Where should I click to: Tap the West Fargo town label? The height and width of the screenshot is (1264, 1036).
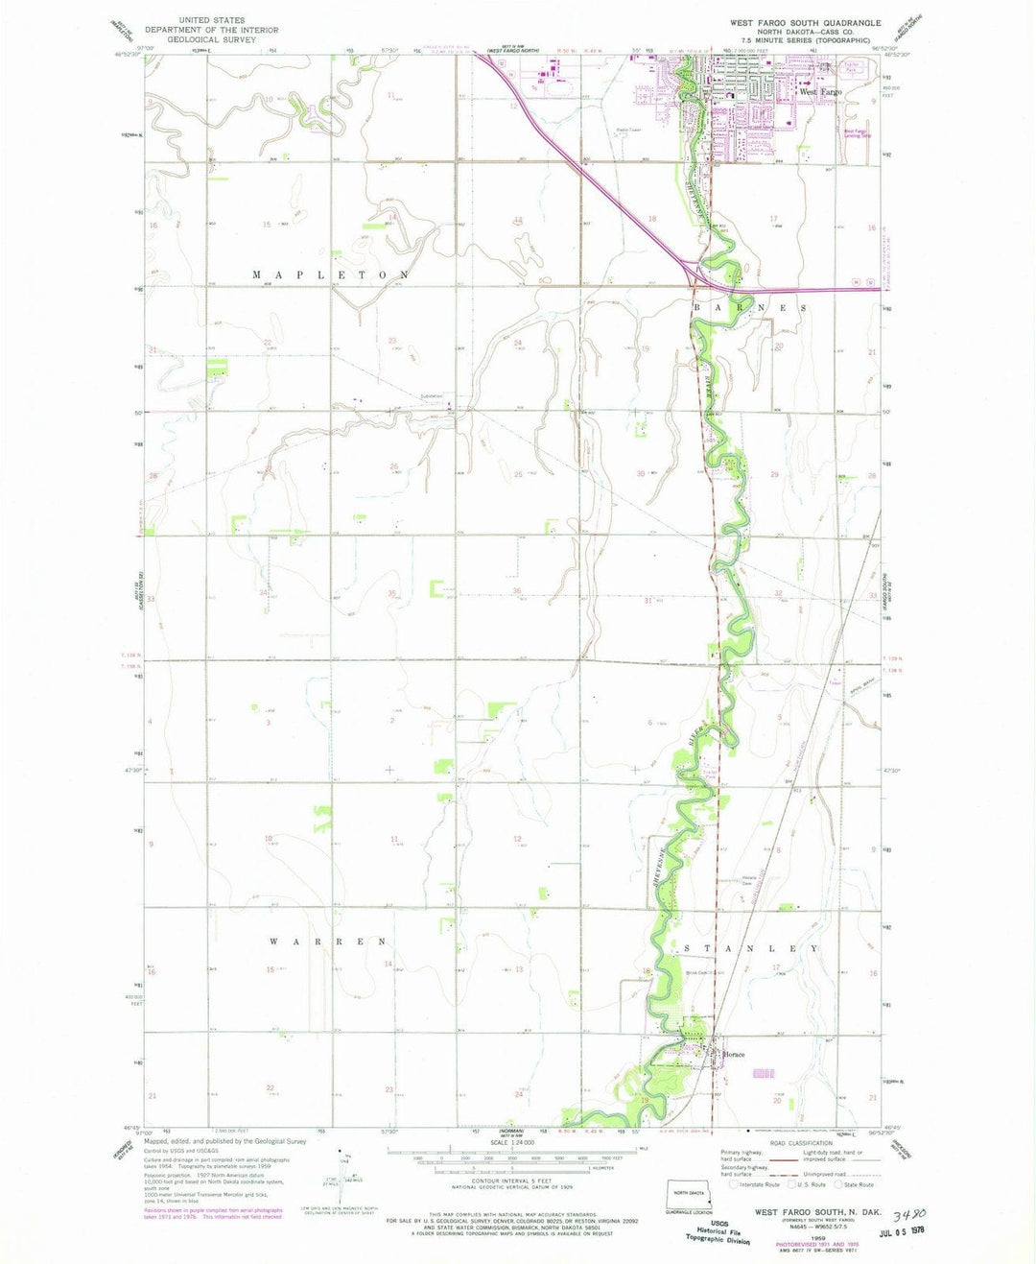821,92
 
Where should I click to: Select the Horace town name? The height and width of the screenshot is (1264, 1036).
734,1055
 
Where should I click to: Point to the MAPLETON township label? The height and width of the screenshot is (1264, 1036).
332,275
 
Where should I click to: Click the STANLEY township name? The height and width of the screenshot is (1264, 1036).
751,948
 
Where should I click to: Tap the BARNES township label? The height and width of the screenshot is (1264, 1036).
751,308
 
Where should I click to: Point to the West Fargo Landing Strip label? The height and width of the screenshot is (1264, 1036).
860,133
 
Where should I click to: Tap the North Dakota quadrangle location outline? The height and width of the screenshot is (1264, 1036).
688,1194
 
